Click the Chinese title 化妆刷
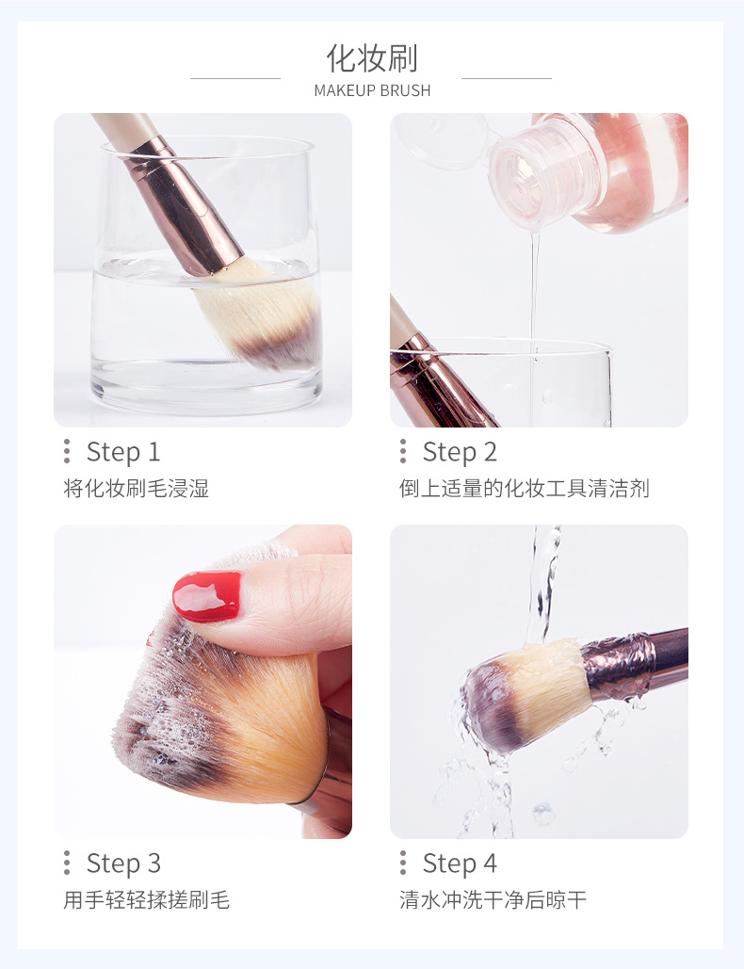(x=372, y=58)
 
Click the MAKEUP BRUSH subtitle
(x=372, y=90)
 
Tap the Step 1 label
(x=123, y=452)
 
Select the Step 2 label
(x=460, y=452)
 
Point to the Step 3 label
(x=123, y=864)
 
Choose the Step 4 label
(x=460, y=864)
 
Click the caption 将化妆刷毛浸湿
(x=136, y=488)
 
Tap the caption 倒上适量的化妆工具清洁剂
(x=524, y=488)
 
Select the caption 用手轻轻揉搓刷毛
(x=147, y=900)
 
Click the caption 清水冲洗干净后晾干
(x=493, y=900)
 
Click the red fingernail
(x=207, y=596)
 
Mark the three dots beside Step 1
(x=67, y=451)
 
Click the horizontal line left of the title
(x=235, y=78)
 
